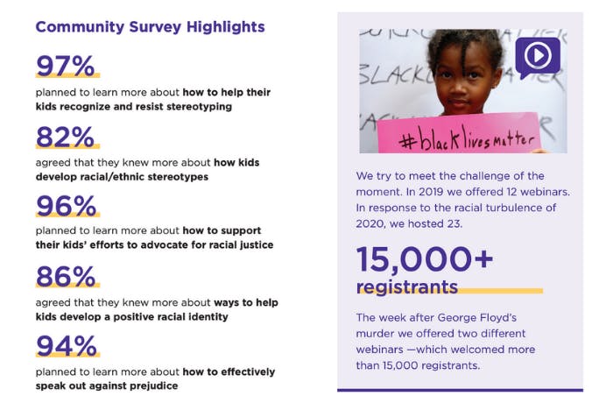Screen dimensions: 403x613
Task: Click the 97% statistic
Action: pyautogui.click(x=67, y=66)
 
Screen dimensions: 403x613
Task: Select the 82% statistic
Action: pyautogui.click(x=67, y=137)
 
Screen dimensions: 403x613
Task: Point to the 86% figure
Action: pyautogui.click(x=67, y=276)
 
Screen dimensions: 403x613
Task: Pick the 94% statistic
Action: pyautogui.click(x=67, y=345)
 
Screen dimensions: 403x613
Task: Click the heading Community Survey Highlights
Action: pyautogui.click(x=150, y=27)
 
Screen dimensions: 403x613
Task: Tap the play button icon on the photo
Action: pyautogui.click(x=537, y=56)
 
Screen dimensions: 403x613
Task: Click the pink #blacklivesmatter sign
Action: pyautogui.click(x=458, y=136)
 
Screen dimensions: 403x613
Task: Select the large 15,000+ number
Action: pyautogui.click(x=425, y=258)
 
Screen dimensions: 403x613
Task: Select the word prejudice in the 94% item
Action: pyautogui.click(x=151, y=385)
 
